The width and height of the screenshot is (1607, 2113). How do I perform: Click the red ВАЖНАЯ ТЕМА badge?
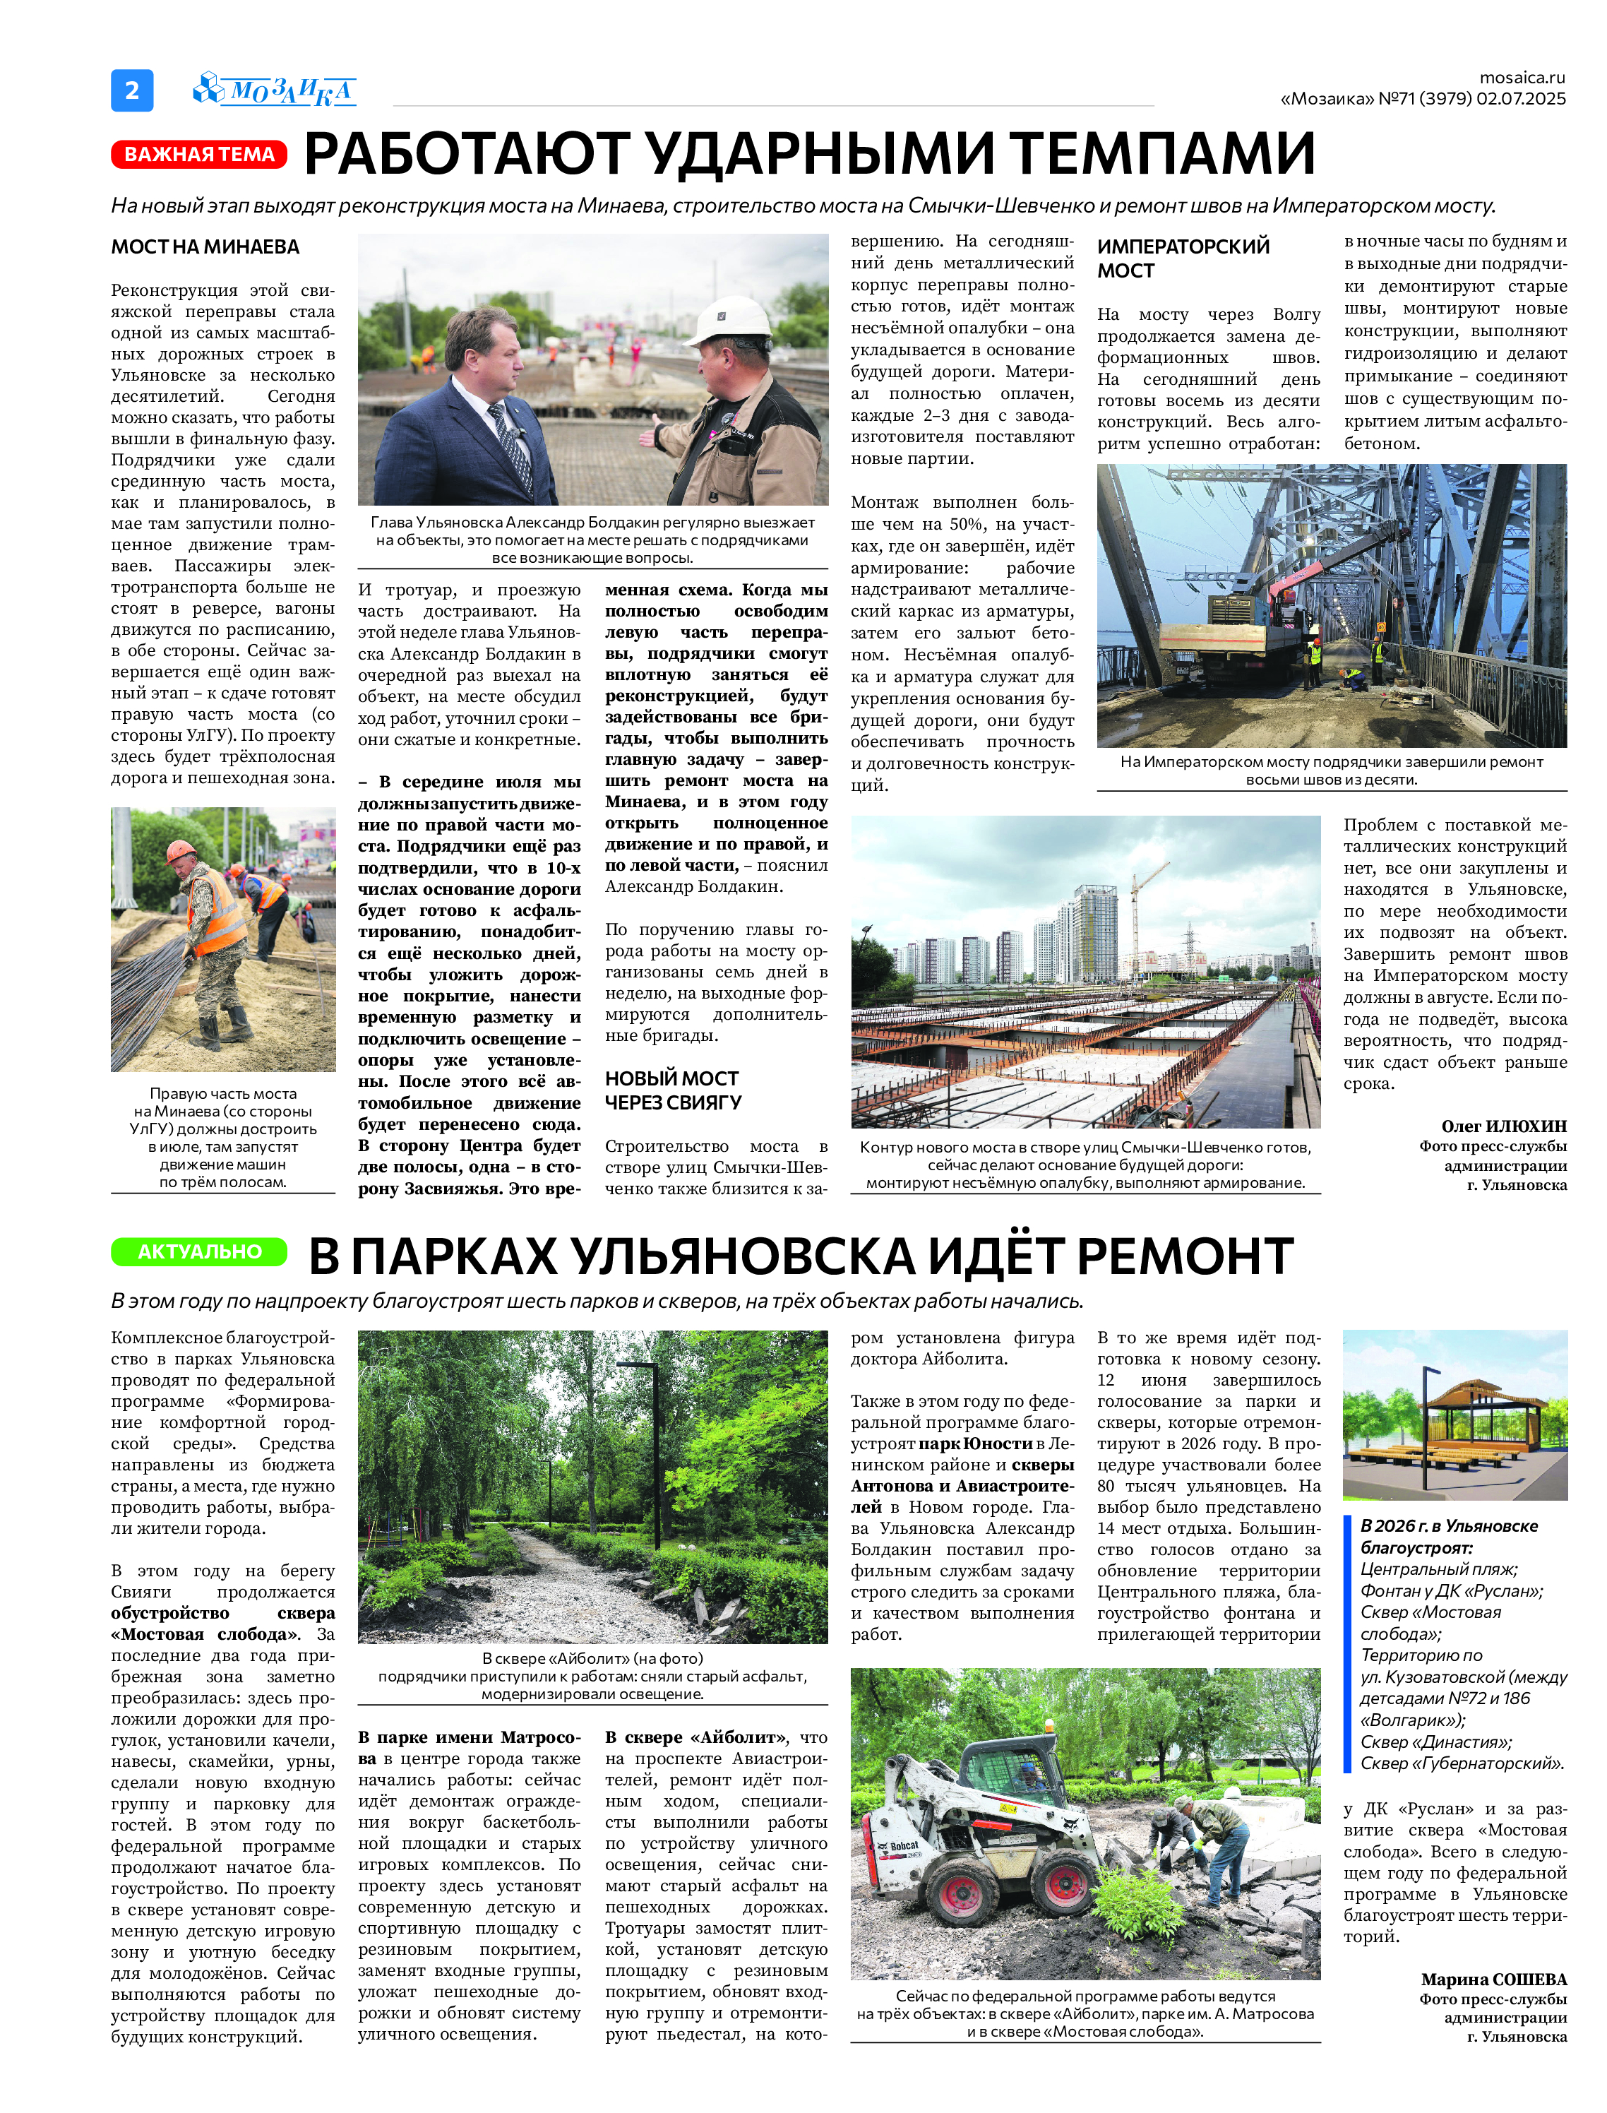199,154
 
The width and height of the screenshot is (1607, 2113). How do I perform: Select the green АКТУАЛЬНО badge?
199,1251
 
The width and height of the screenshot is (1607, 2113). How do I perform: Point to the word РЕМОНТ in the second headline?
1186,1255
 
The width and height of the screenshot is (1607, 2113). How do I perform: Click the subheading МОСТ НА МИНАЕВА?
205,246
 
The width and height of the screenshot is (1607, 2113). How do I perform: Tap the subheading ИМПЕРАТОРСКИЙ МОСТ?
1183,258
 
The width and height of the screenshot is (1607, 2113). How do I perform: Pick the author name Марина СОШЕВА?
1493,1979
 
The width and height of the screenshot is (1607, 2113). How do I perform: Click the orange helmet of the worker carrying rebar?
181,850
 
